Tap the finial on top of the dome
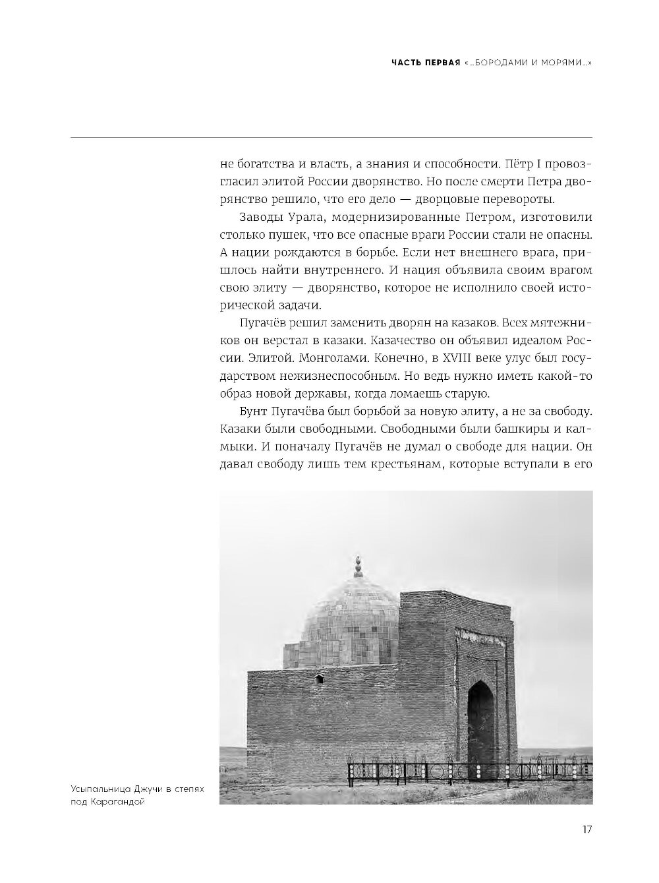click(358, 565)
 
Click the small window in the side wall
click(319, 679)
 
